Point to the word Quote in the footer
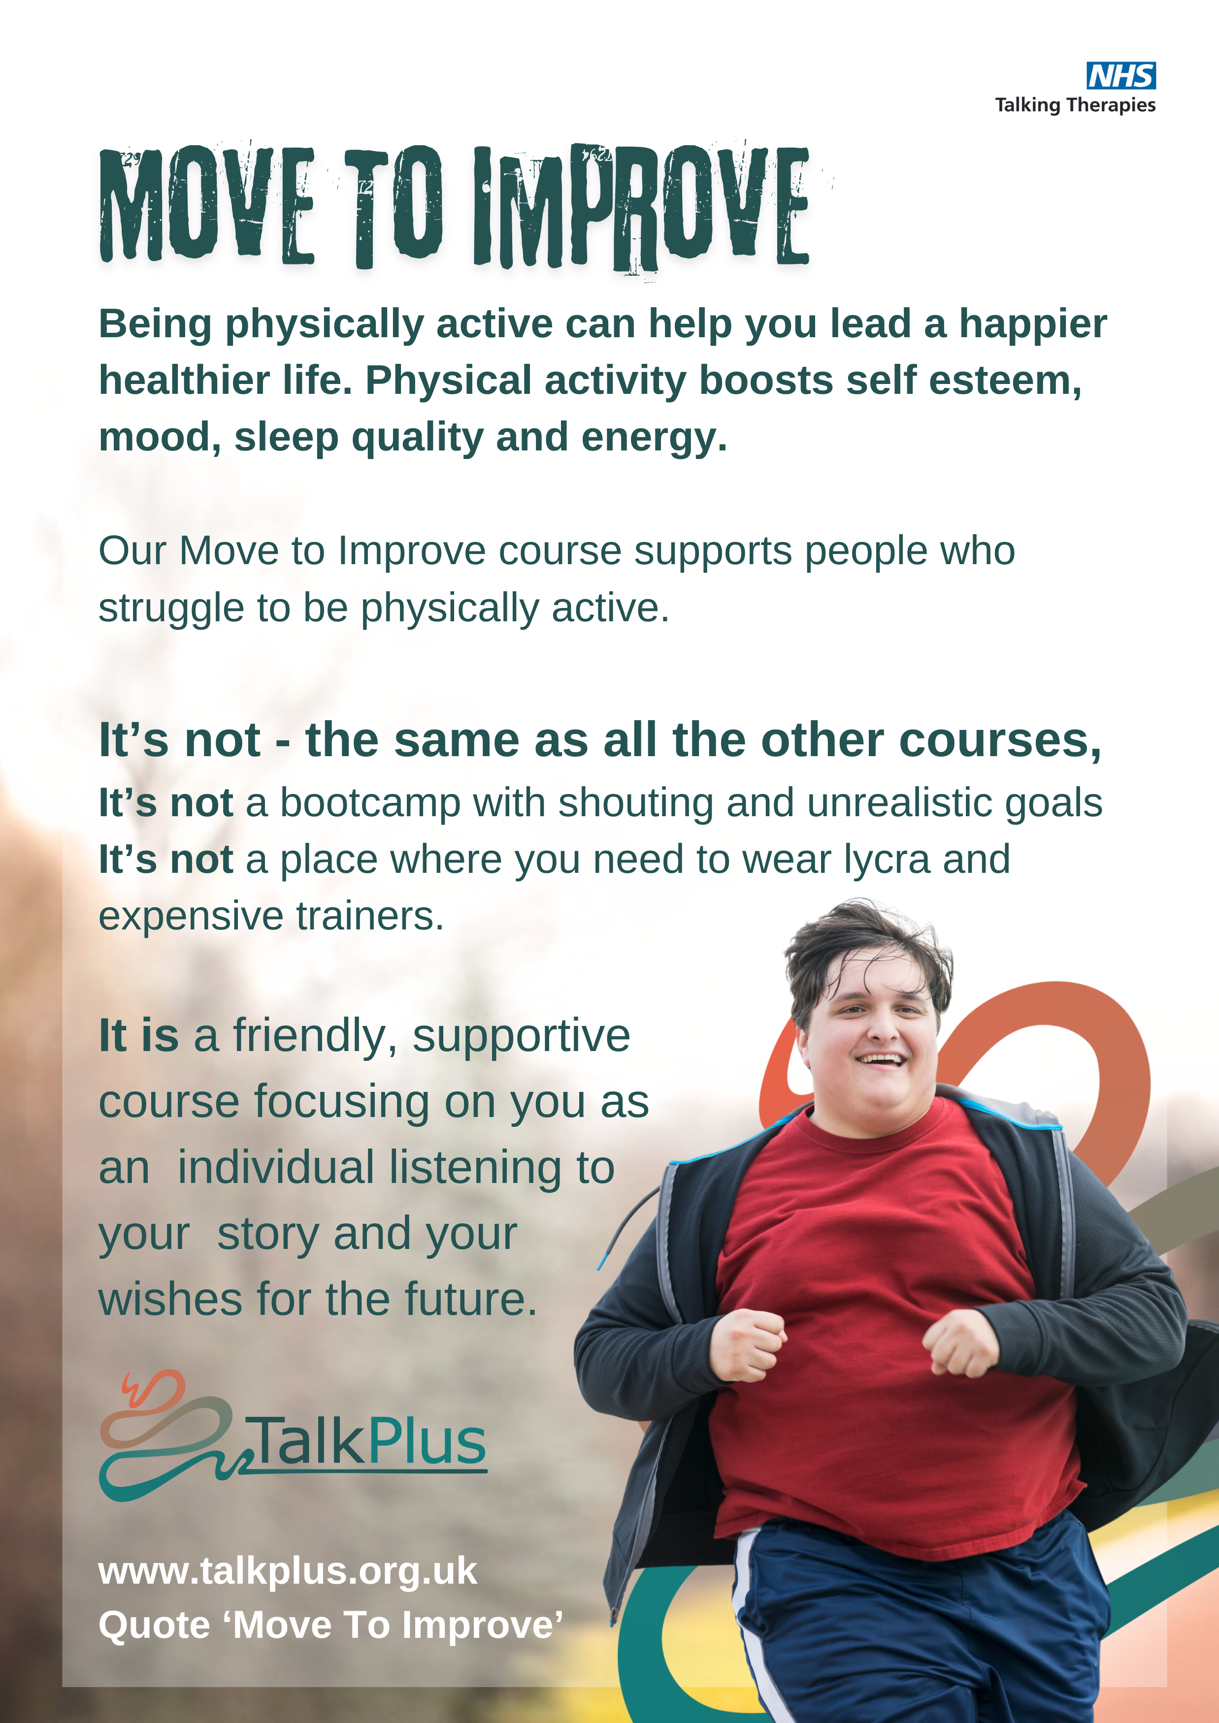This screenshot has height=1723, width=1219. [154, 1626]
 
